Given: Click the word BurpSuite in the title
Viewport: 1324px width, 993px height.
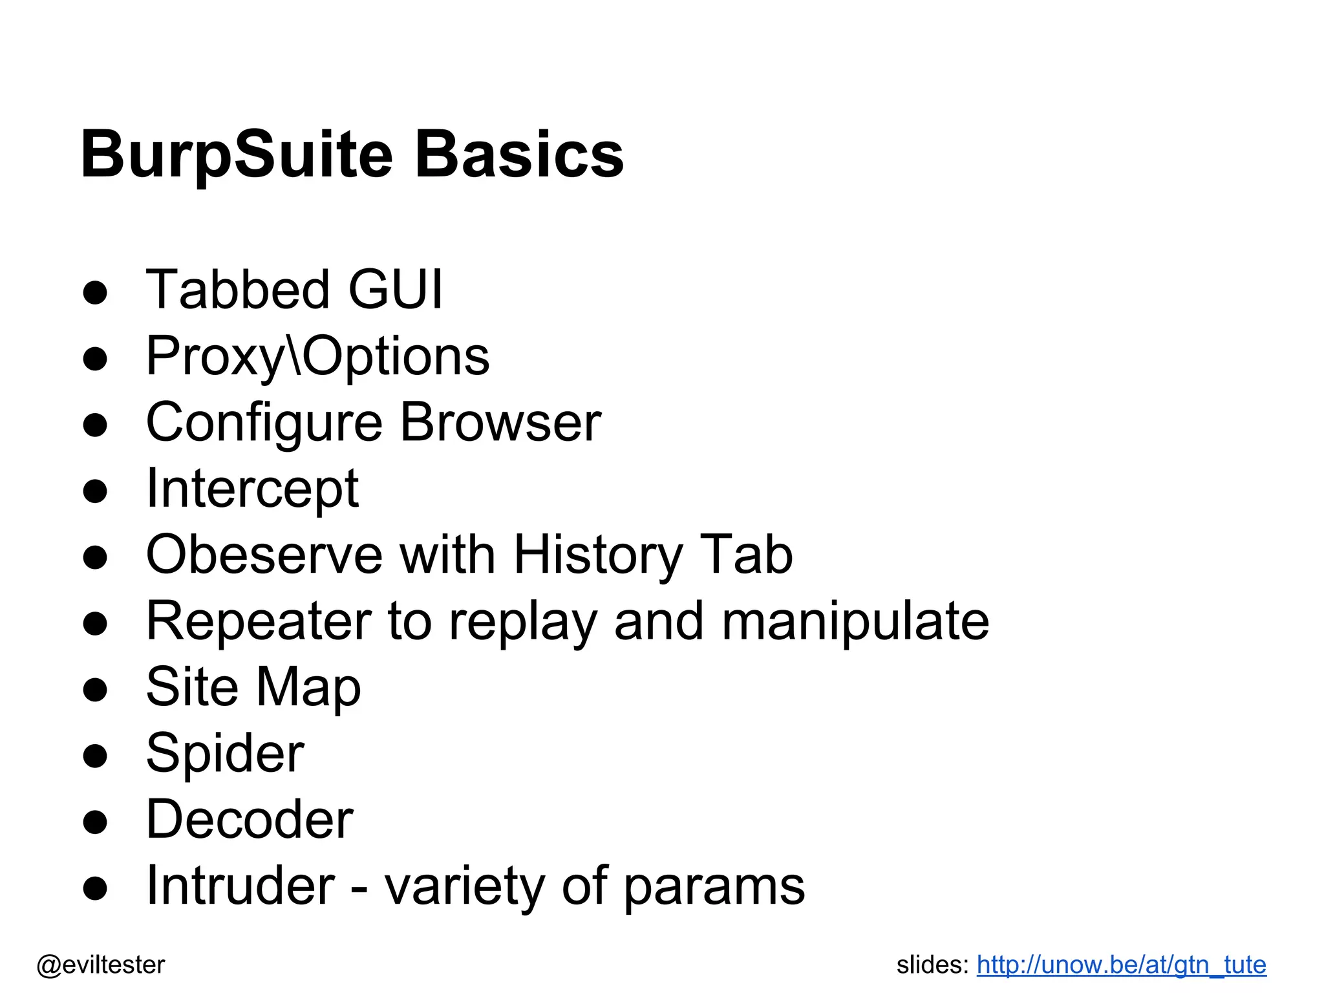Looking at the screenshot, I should pos(237,155).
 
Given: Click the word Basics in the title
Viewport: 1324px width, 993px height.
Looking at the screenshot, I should pos(518,155).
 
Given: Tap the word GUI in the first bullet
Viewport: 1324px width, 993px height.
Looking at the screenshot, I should pos(396,290).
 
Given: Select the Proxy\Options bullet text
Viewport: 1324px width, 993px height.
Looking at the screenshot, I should pos(317,356).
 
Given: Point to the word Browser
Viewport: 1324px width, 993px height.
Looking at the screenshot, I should pos(501,423).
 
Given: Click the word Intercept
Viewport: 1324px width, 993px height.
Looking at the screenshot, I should pos(252,489).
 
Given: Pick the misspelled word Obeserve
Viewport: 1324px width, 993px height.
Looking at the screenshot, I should pos(264,555).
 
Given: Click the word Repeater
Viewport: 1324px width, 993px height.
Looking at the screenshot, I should pos(259,621).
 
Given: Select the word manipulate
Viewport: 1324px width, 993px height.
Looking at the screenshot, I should pos(855,621).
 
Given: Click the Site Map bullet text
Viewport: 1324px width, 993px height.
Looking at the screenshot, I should pos(253,687).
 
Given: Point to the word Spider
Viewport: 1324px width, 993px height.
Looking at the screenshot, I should pos(225,754).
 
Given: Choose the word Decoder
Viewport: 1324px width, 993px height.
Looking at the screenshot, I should pos(250,820).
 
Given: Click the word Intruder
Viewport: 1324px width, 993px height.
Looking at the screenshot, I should pos(240,886).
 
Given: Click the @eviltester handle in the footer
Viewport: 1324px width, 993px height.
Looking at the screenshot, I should pos(101,965).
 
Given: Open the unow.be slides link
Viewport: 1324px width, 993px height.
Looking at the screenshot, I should pos(1121,965).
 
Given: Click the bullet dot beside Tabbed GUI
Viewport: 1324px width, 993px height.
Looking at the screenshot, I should pos(95,292).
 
